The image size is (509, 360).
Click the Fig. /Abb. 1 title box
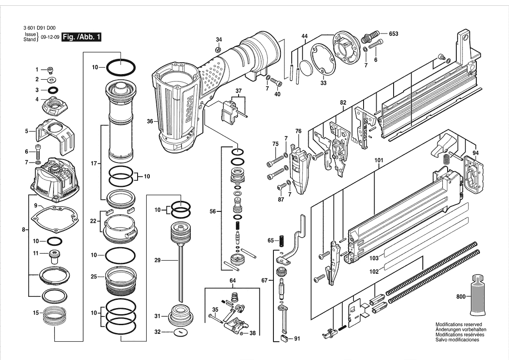coord(81,37)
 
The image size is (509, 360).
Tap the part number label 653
coord(394,34)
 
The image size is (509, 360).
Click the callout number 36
coord(150,122)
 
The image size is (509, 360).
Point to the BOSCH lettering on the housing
coord(189,109)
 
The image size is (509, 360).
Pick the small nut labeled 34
coord(219,50)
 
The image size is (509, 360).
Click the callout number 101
coord(379,160)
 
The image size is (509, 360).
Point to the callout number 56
coord(212,211)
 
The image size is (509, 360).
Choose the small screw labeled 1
coord(51,70)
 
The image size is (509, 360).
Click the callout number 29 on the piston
coord(158,260)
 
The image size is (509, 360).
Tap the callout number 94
coord(475,153)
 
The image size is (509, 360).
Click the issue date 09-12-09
coord(50,37)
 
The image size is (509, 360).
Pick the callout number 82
coord(343,103)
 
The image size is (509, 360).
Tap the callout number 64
coord(233,281)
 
